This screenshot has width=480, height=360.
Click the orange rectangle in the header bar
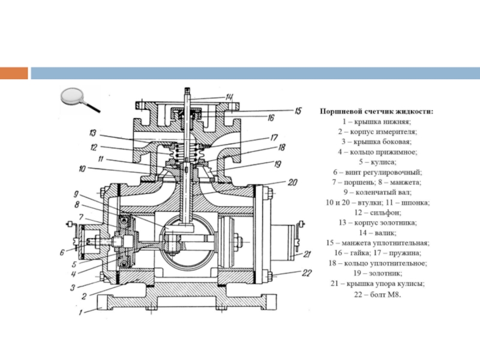[x=14, y=73]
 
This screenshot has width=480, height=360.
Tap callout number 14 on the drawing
[x=229, y=97]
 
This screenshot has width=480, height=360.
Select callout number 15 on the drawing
[x=298, y=110]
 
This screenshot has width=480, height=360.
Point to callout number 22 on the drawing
[x=307, y=273]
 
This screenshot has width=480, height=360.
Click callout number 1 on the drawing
[x=80, y=313]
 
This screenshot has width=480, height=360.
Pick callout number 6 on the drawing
[x=62, y=253]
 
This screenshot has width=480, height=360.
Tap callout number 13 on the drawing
[x=93, y=133]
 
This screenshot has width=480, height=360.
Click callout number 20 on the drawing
[x=292, y=182]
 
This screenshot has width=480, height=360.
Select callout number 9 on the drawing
[x=76, y=194]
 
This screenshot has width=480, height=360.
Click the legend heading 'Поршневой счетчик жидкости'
[x=377, y=112]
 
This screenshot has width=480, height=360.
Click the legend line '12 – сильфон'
[x=377, y=212]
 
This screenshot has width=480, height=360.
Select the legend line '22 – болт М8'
[x=377, y=295]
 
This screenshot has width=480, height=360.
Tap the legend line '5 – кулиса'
[x=377, y=161]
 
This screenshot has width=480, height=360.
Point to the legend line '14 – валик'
[x=377, y=233]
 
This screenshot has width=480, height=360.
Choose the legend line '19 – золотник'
[x=377, y=273]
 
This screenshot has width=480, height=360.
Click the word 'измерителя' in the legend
[x=398, y=132]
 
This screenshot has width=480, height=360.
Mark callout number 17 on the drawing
[x=274, y=138]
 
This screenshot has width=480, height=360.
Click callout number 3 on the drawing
[x=73, y=287]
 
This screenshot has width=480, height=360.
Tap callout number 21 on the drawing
[x=307, y=254]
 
